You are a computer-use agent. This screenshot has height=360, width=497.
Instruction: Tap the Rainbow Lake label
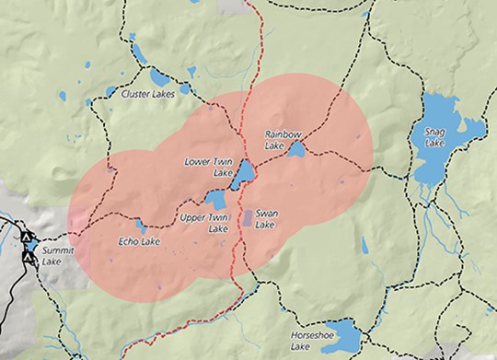click(x=283, y=140)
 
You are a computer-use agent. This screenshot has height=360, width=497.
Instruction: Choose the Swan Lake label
click(x=266, y=219)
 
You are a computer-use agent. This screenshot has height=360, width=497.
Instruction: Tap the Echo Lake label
click(x=139, y=241)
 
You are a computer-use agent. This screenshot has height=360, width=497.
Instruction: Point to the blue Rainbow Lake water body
click(x=296, y=149)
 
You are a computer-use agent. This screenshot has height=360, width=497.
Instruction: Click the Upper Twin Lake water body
click(x=216, y=200)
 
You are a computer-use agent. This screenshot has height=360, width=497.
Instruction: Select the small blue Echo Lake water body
click(x=140, y=225)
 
